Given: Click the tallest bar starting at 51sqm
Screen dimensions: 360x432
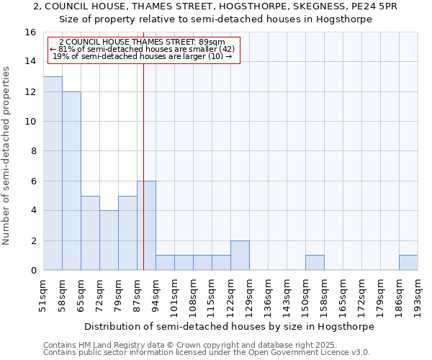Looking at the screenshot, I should (x=53, y=174).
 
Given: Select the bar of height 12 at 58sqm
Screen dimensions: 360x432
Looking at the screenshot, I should (x=71, y=181).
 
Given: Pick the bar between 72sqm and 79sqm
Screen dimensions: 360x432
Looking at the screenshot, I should (x=109, y=240).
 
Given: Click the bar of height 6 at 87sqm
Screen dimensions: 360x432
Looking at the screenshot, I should (x=146, y=225).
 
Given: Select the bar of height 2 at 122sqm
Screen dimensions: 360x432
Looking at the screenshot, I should (x=240, y=256).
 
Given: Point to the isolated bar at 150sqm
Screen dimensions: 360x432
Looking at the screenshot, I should (x=315, y=263).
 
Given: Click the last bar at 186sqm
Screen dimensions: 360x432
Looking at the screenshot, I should (x=408, y=263).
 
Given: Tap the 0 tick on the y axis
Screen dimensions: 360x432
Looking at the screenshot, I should (x=33, y=271).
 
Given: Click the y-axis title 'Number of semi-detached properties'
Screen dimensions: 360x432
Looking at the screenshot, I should (x=6, y=156).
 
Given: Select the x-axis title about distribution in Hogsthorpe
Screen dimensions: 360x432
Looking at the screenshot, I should (x=229, y=326).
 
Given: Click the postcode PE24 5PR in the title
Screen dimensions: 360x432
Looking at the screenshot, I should (x=374, y=6).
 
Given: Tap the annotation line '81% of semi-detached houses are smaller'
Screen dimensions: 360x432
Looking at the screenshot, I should (x=142, y=49).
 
